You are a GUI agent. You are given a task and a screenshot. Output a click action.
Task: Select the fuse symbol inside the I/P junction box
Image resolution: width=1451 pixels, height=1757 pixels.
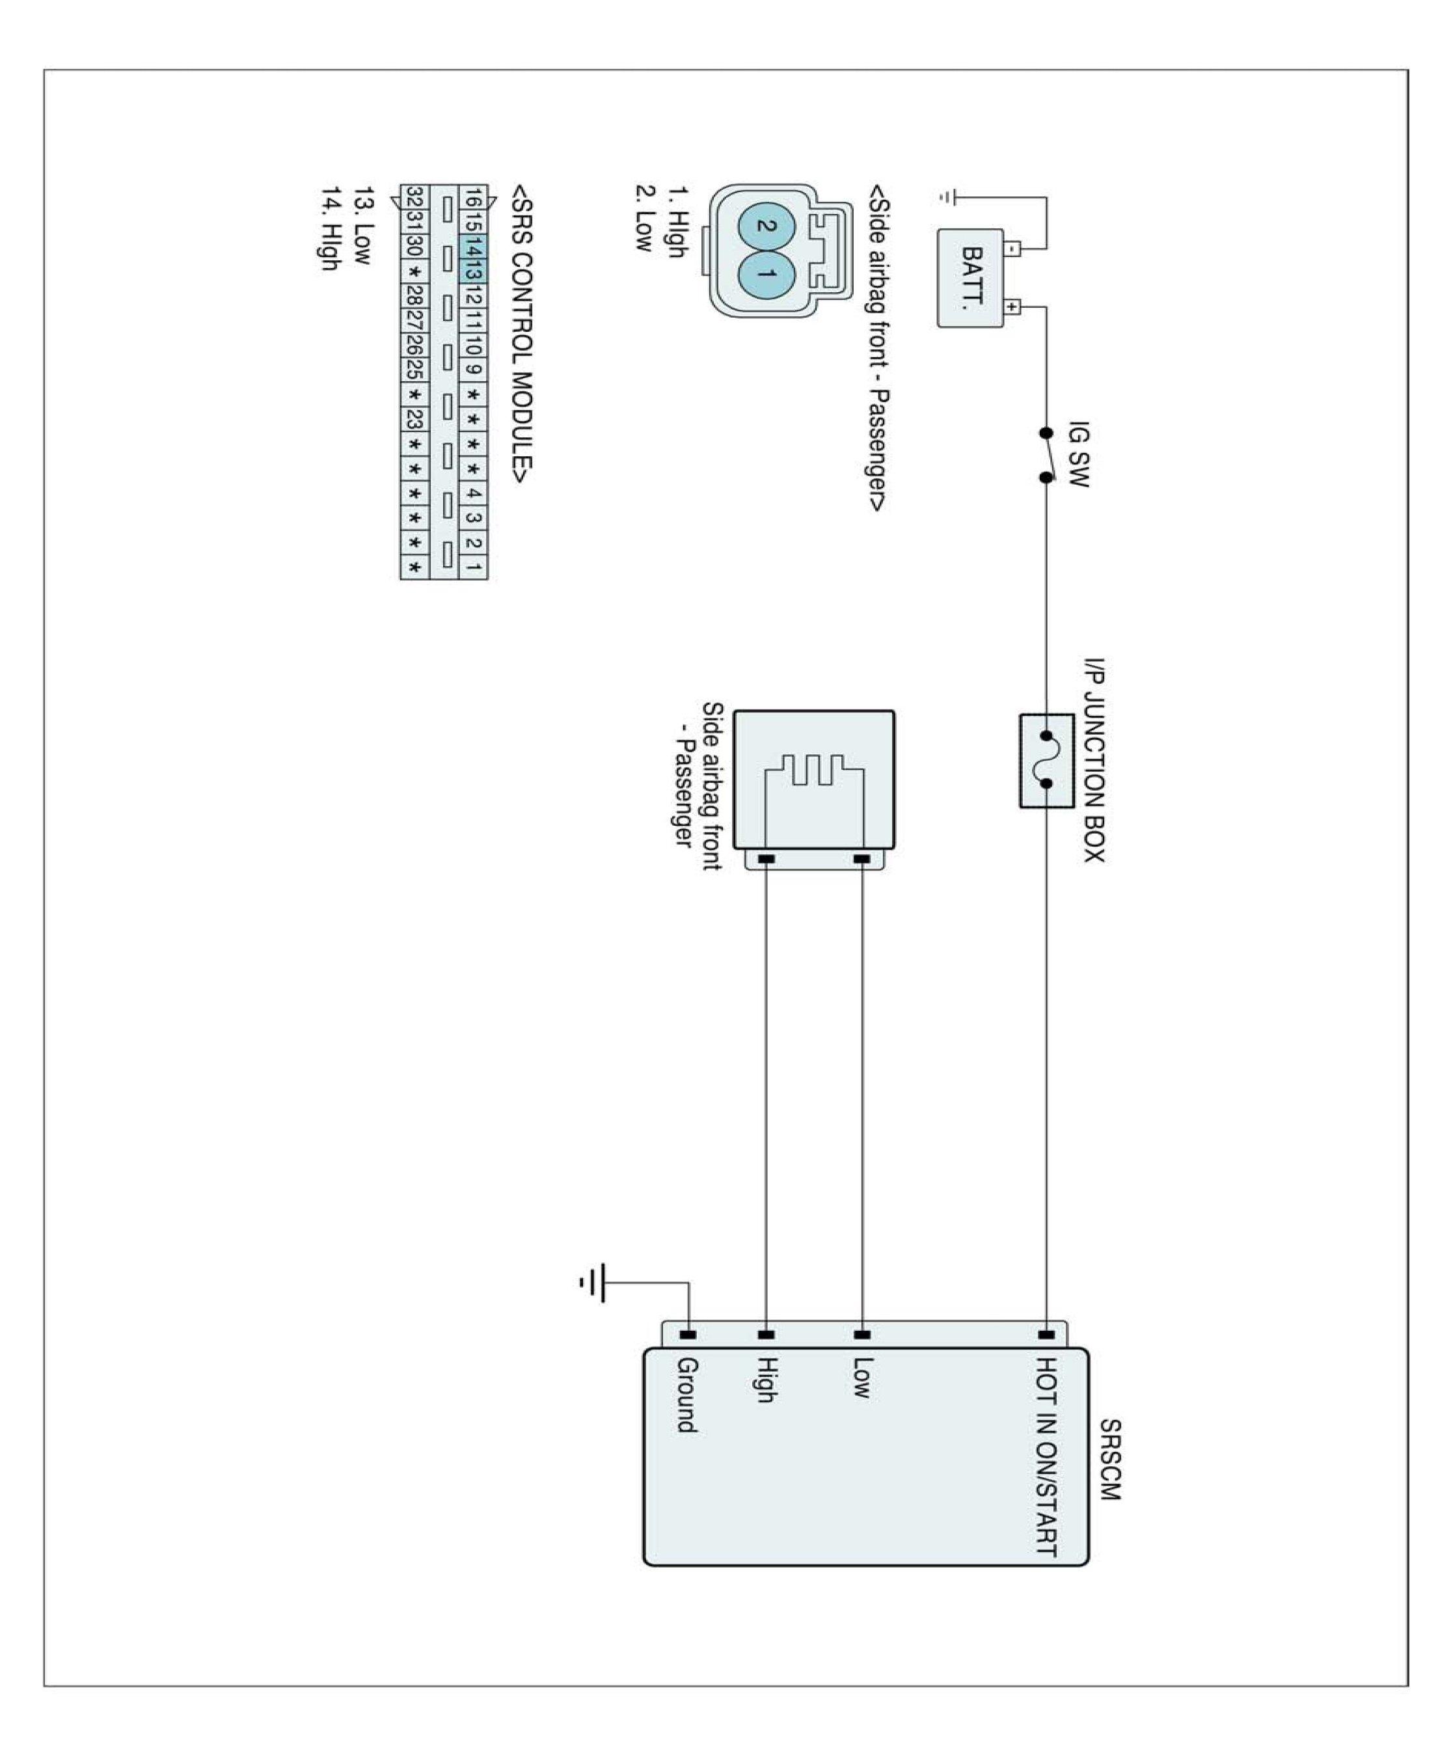1046,760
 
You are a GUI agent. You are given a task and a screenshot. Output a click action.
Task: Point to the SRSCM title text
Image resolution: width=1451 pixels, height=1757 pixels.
1109,1458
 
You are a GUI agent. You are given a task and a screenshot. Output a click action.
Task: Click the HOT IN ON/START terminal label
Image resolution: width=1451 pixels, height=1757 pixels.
1046,1456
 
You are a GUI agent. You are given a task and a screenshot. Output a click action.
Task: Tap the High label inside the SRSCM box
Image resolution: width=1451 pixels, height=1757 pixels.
766,1379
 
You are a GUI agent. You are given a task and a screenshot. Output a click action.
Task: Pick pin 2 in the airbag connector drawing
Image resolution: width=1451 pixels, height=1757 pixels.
764,226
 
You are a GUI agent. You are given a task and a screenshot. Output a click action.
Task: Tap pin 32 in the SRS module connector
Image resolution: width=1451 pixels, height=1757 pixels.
414,197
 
